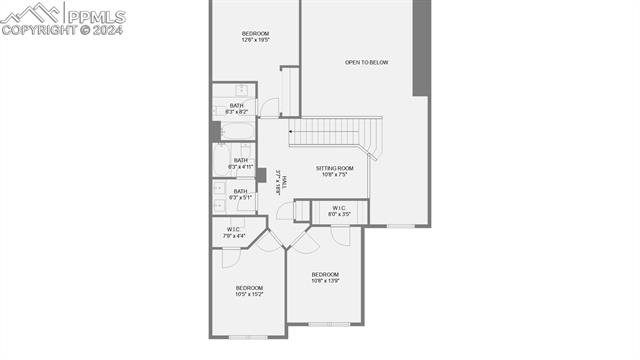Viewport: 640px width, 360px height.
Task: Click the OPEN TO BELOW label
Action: (366, 63)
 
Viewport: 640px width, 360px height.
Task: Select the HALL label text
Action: (283, 180)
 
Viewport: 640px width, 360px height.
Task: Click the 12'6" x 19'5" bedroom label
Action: (255, 38)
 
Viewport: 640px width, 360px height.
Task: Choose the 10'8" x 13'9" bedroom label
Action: (325, 278)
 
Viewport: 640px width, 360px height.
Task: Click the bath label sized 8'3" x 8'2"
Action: (237, 109)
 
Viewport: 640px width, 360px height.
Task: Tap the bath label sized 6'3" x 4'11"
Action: (241, 163)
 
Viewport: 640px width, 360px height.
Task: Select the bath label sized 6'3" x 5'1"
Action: (241, 194)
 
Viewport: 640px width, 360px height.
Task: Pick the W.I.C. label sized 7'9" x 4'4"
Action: (234, 233)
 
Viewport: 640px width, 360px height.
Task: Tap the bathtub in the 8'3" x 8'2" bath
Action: (236, 130)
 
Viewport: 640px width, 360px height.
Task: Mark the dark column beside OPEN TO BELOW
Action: (422, 48)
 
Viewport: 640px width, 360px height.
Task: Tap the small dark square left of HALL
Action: (261, 175)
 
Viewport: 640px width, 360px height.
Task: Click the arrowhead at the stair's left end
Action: (291, 131)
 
